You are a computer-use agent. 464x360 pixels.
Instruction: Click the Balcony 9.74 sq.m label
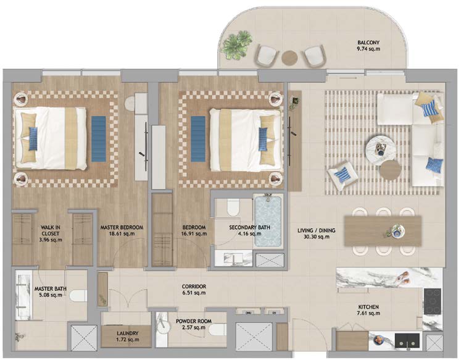pos(368,46)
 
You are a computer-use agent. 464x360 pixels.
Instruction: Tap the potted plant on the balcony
pos(237,44)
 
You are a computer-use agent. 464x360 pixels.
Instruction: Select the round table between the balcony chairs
pos(289,57)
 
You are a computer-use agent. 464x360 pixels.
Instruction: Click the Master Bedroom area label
pos(122,230)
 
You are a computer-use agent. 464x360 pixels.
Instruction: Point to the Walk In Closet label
pos(51,233)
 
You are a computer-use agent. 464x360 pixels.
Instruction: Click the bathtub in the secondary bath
pos(268,221)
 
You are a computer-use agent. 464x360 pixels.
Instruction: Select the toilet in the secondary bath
pos(233,207)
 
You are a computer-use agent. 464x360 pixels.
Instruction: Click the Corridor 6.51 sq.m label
pos(194,290)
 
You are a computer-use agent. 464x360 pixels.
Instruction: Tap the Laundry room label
pos(128,337)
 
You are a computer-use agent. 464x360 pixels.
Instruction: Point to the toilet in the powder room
pos(217,330)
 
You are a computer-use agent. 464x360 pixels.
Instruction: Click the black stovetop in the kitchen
pos(433,301)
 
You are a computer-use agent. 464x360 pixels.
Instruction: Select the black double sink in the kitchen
pos(407,340)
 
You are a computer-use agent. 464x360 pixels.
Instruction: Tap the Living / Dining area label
pos(317,233)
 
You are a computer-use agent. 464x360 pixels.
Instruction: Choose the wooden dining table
pos(383,230)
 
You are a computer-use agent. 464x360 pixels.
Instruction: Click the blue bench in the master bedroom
pos(99,139)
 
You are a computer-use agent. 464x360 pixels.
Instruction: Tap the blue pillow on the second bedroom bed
pos(263,139)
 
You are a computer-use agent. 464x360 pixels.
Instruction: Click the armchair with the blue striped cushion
pos(342,175)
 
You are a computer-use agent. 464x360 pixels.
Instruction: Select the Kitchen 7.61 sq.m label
pos(369,310)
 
